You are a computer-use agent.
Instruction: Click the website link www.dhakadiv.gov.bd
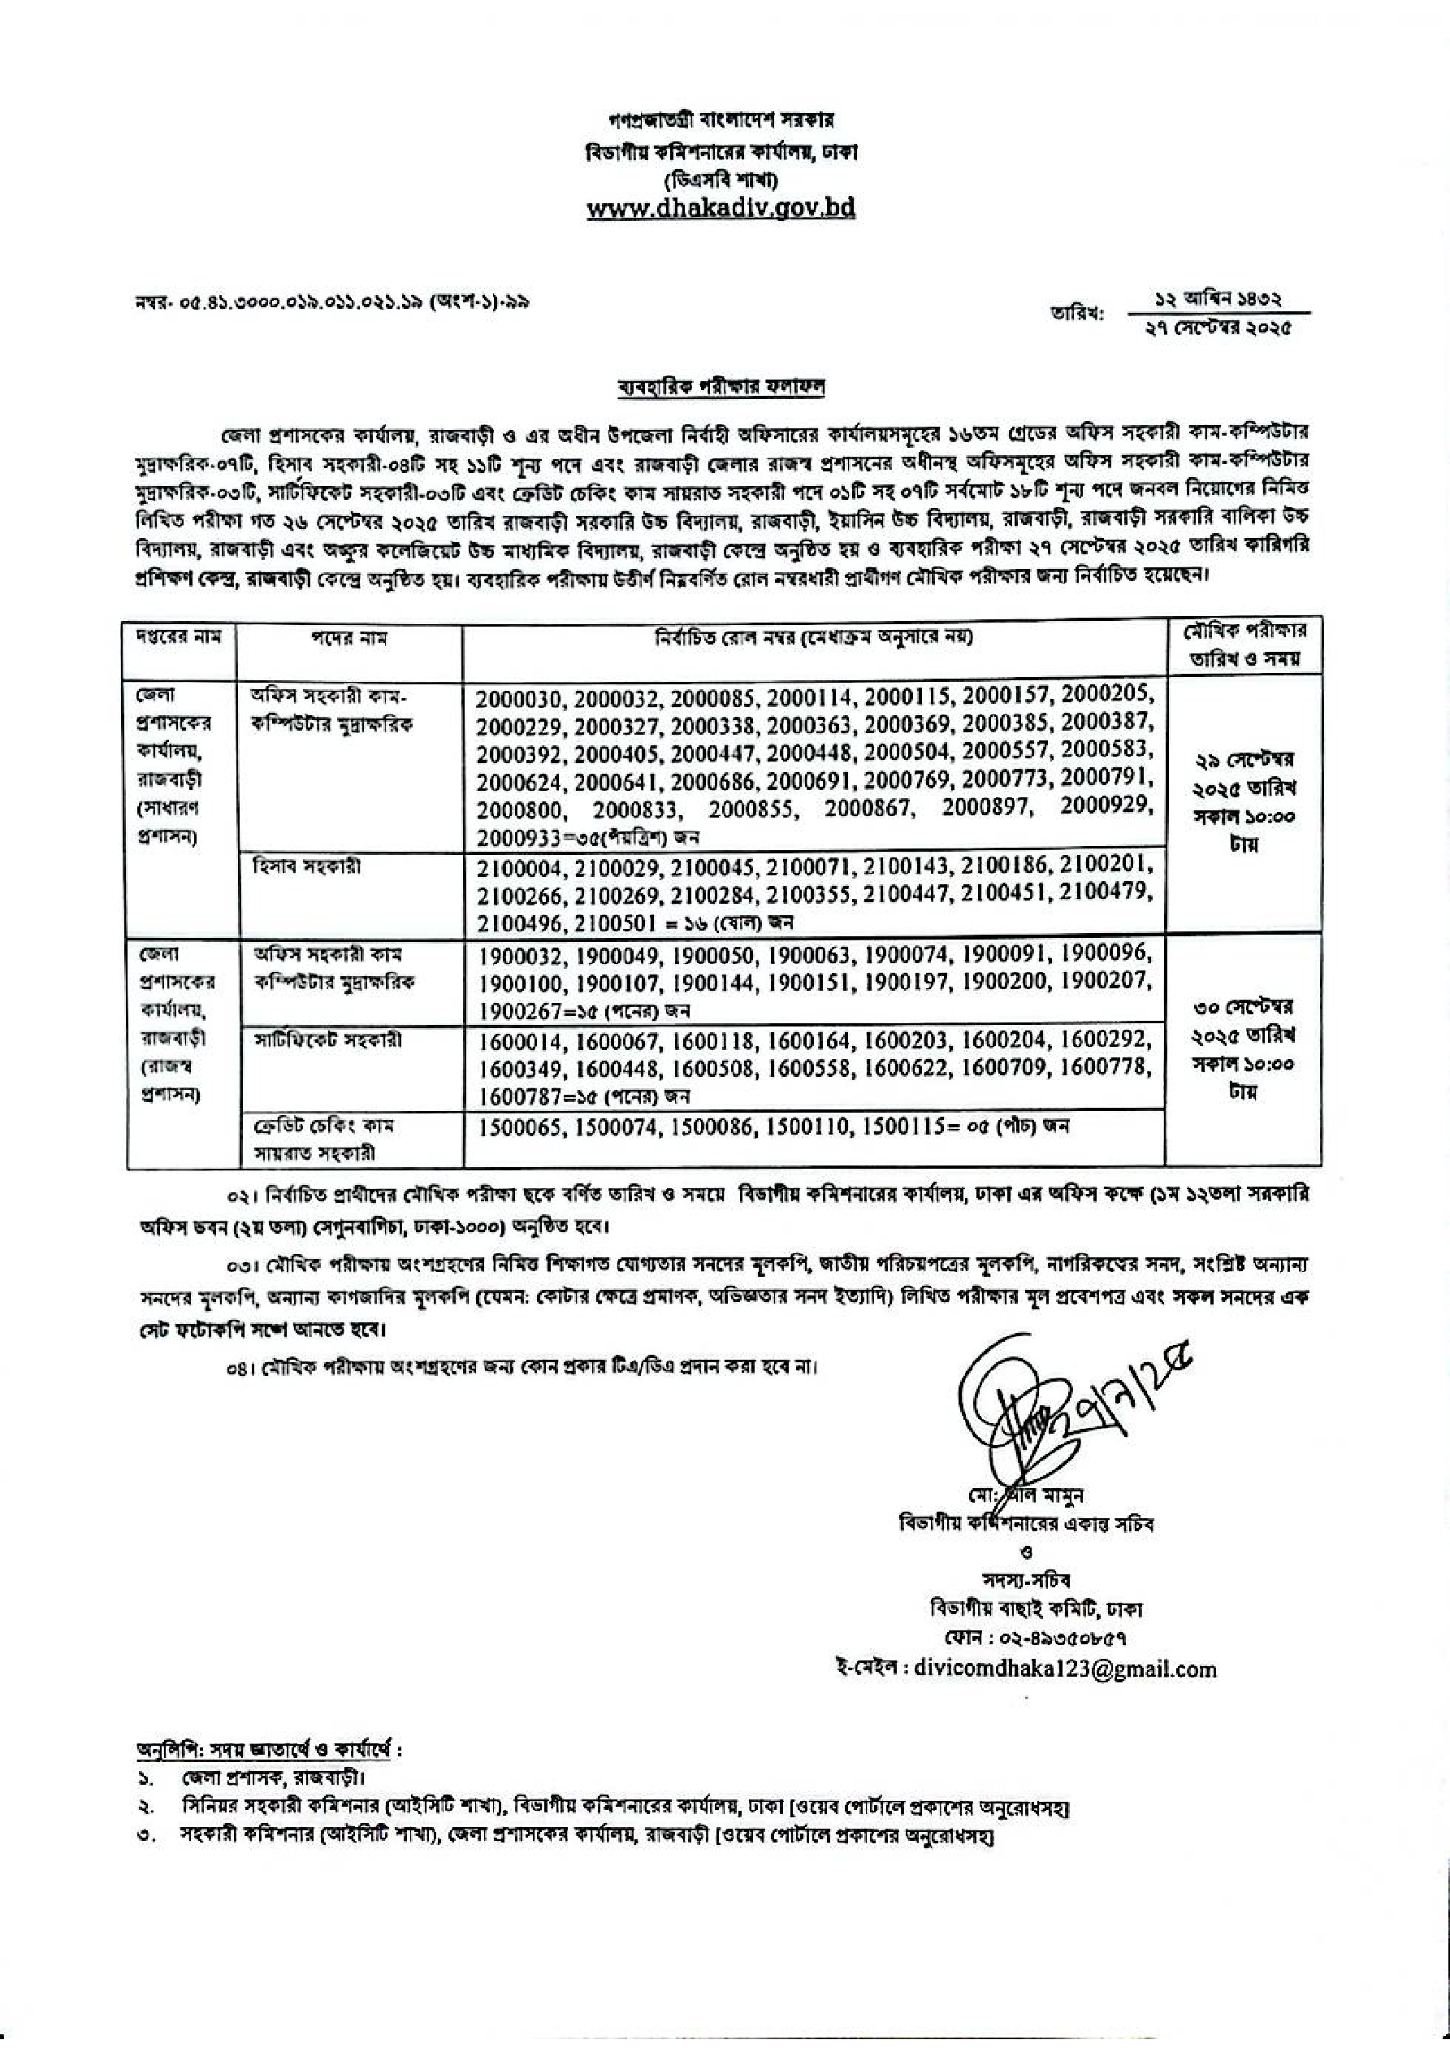721,209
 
